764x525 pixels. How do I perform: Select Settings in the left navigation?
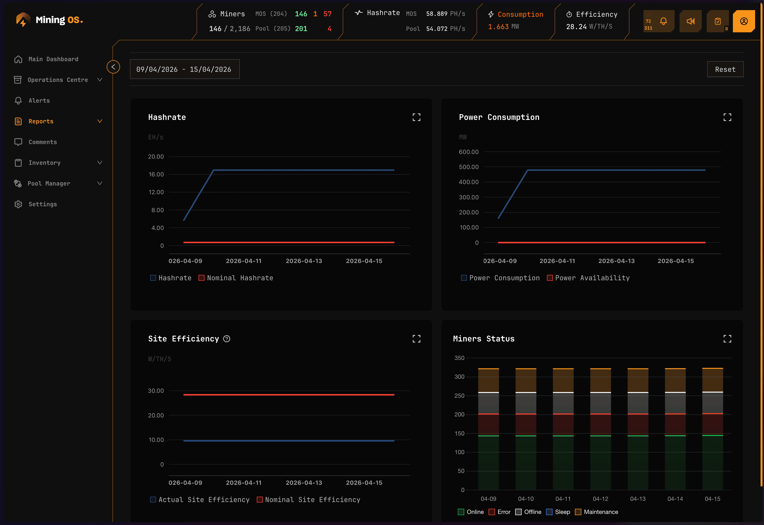tap(42, 204)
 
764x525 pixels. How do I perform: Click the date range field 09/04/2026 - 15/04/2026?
tap(184, 69)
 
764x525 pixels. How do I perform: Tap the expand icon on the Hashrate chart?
tap(416, 117)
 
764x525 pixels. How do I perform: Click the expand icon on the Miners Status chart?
tap(727, 339)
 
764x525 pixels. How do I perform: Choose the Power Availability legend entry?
tap(592, 278)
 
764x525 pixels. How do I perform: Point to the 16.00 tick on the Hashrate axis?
tap(156, 174)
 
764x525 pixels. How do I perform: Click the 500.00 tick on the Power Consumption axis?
tap(468, 167)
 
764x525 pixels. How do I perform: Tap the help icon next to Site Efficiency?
tap(227, 339)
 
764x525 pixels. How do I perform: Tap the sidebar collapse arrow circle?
tap(113, 67)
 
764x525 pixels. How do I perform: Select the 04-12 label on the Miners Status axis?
tap(600, 499)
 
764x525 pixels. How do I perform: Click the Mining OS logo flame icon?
tap(23, 20)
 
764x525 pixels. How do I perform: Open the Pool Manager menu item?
tap(49, 184)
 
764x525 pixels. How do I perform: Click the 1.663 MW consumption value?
tap(503, 27)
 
